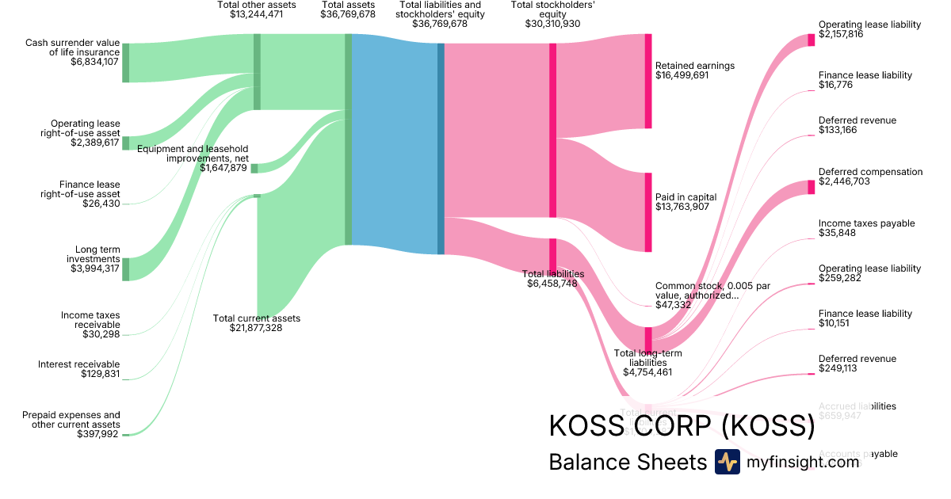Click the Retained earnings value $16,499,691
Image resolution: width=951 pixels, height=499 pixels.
(x=682, y=75)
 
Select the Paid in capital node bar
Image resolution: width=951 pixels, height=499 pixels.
(x=647, y=212)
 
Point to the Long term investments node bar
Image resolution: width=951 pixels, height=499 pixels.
(x=125, y=269)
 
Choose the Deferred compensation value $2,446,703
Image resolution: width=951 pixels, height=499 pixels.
(x=847, y=181)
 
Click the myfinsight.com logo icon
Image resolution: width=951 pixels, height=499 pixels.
(x=727, y=462)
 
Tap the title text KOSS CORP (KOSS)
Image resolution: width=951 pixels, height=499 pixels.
(x=682, y=426)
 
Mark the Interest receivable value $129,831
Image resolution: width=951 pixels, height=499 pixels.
(x=101, y=374)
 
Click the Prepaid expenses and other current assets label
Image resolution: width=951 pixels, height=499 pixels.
(x=71, y=419)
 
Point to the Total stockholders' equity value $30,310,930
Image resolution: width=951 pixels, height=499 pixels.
(x=552, y=24)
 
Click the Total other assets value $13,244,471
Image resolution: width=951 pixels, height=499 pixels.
(x=256, y=14)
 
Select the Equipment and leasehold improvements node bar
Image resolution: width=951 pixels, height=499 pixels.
(x=254, y=168)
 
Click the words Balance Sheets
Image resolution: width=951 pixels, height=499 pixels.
(x=627, y=463)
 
